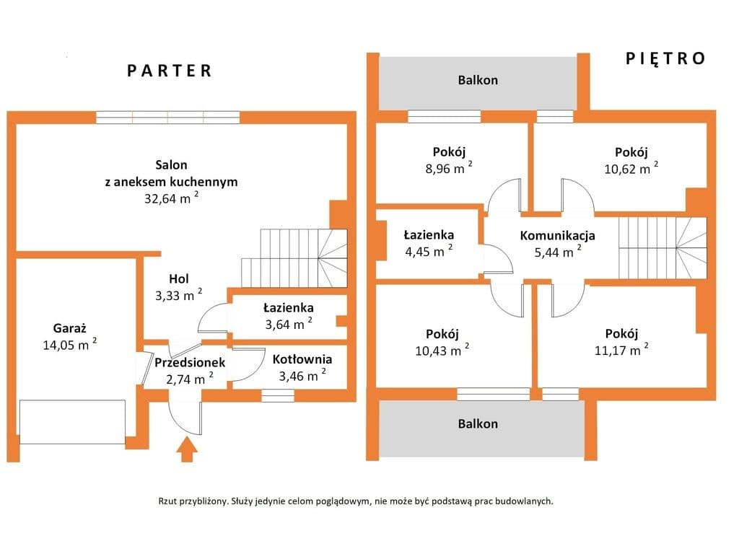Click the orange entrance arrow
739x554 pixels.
187,449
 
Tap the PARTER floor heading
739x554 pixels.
170,71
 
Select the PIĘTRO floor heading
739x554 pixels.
665,58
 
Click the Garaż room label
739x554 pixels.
70,328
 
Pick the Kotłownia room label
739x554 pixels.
302,359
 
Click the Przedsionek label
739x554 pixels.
190,362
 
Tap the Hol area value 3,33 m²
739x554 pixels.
179,295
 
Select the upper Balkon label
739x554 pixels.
478,80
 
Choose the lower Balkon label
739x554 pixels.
478,423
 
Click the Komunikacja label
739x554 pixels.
558,236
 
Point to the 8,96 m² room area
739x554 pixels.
449,167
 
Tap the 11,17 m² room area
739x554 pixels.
621,350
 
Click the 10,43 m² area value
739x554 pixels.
442,350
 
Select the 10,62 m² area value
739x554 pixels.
631,168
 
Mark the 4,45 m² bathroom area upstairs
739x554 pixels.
429,251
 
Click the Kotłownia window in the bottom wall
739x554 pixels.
278,395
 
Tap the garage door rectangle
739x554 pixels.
73,421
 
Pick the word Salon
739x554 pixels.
172,165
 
